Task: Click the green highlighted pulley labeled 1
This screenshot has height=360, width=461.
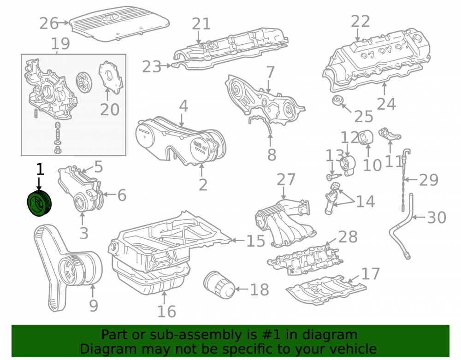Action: point(39,204)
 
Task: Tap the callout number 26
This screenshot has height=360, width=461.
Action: point(49,23)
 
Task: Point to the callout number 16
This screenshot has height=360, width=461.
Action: point(167,312)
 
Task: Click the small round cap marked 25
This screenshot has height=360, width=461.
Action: point(337,100)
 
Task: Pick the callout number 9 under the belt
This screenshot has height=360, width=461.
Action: point(94,306)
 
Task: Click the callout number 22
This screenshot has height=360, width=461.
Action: point(360,22)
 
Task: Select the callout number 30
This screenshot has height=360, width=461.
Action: point(437,218)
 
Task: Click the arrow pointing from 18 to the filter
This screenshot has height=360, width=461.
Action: point(242,289)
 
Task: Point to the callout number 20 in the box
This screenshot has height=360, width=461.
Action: point(110,110)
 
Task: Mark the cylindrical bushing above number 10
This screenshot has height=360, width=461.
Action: point(366,137)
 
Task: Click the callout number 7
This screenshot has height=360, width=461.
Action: point(270,72)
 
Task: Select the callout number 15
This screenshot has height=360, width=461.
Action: point(256,241)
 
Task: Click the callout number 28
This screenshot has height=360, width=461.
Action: point(348,237)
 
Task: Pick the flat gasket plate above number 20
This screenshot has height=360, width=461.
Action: point(111,77)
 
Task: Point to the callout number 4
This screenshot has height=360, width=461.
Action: point(183,106)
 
